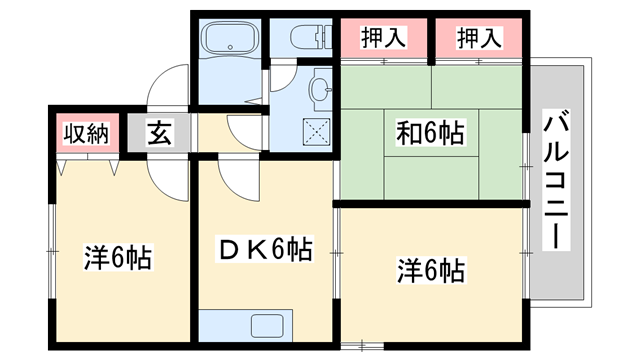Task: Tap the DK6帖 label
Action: click(x=263, y=250)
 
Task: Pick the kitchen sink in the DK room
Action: click(x=268, y=326)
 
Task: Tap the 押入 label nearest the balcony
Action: click(x=478, y=38)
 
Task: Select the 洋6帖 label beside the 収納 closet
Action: click(x=116, y=258)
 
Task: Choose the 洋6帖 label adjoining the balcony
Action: click(x=430, y=270)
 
